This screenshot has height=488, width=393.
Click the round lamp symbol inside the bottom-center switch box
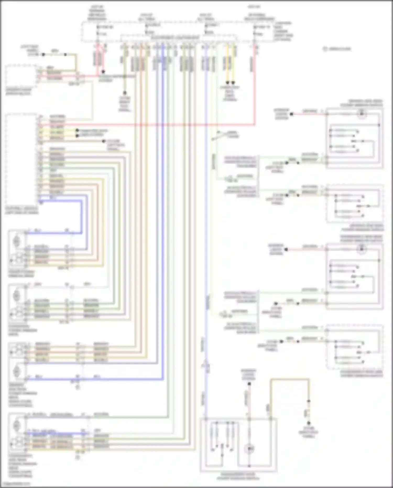(249, 449)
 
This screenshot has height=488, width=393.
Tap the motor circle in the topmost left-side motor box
(16, 240)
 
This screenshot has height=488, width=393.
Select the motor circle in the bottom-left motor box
(16, 426)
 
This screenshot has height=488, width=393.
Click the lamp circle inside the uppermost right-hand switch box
(362, 114)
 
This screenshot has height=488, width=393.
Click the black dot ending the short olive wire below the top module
(125, 93)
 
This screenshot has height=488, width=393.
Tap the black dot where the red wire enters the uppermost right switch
(291, 114)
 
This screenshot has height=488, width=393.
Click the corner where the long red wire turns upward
(254, 125)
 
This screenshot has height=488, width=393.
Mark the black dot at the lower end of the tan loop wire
(309, 423)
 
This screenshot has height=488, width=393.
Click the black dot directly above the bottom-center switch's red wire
(249, 384)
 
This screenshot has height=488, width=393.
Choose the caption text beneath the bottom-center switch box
(238, 476)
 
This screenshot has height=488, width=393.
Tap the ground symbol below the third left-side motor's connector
(78, 387)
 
